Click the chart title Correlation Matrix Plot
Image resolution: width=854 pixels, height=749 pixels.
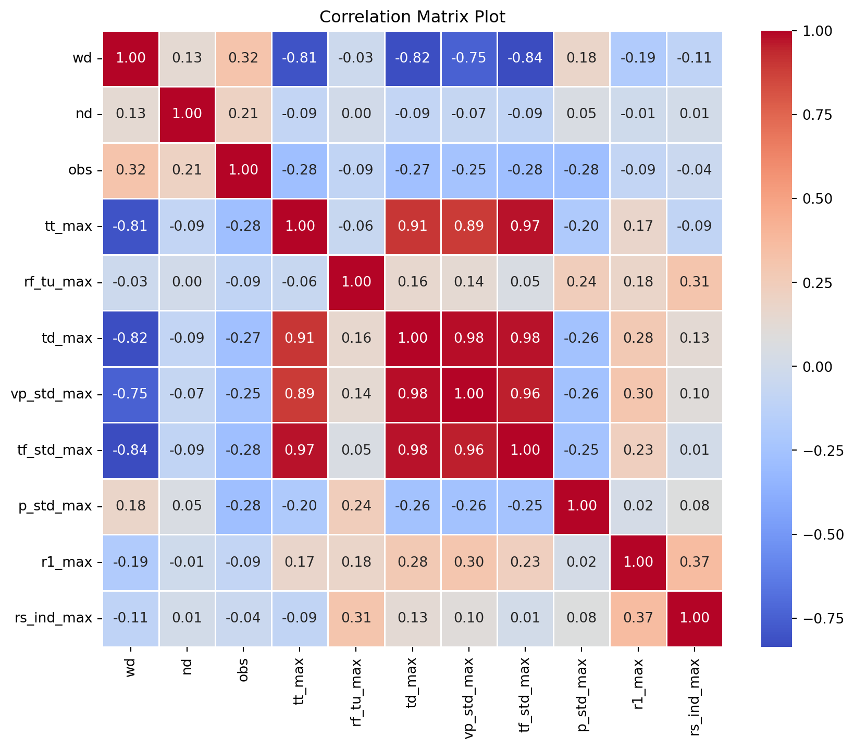pyautogui.click(x=412, y=17)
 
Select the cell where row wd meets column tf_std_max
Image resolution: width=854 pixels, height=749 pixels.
pyautogui.click(x=525, y=58)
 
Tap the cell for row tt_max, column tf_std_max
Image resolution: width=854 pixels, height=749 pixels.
pyautogui.click(x=525, y=227)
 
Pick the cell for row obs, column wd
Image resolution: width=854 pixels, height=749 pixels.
pyautogui.click(x=131, y=170)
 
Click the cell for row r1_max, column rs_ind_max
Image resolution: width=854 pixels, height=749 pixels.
pyautogui.click(x=694, y=562)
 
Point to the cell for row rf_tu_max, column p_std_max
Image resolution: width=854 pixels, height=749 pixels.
pyautogui.click(x=581, y=282)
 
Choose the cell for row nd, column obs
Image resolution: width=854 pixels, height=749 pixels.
pyautogui.click(x=243, y=114)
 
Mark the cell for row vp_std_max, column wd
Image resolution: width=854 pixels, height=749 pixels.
pyautogui.click(x=131, y=394)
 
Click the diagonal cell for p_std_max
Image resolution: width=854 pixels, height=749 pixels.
pyautogui.click(x=581, y=506)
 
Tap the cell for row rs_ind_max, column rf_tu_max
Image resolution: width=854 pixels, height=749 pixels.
pyautogui.click(x=356, y=618)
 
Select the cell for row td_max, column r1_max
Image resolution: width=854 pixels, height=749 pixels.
pyautogui.click(x=638, y=339)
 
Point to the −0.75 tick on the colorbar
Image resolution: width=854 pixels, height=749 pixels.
pyautogui.click(x=820, y=618)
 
